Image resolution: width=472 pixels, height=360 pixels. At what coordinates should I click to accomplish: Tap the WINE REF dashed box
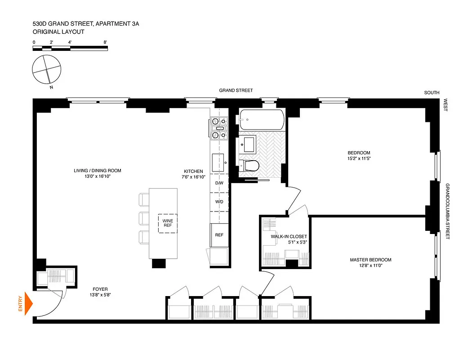167,224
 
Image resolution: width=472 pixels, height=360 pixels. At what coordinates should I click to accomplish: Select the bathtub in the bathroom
261,120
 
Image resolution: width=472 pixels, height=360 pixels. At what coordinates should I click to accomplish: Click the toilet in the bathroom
249,166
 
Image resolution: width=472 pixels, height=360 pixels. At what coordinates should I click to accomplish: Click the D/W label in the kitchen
219,183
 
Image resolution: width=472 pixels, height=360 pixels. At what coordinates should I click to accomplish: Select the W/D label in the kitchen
219,202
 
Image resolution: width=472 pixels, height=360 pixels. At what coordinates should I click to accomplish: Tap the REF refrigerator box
219,235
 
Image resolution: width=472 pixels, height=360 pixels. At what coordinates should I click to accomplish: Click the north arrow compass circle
46,69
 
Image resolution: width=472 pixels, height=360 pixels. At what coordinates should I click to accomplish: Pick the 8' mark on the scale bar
105,42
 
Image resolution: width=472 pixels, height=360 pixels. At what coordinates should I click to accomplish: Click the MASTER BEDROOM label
370,260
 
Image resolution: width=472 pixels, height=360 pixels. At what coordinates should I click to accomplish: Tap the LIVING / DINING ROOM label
98,171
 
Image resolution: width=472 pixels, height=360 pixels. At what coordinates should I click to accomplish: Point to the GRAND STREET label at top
236,90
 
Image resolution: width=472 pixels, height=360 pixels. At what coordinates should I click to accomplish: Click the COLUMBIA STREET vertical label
447,211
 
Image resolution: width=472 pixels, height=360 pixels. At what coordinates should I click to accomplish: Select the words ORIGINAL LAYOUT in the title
58,32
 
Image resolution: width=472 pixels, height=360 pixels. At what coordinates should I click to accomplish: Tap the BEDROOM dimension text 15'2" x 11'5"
358,158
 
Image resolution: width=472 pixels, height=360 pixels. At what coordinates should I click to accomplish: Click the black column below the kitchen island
159,264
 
